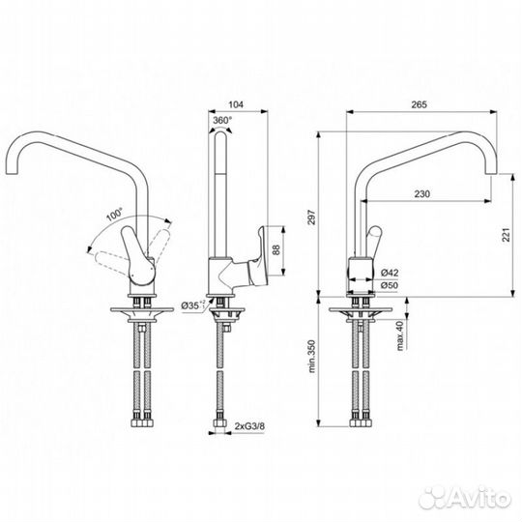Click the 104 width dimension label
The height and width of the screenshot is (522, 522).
pos(236,104)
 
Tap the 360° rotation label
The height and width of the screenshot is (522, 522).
pos(222,120)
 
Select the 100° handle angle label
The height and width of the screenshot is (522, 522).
pos(114,215)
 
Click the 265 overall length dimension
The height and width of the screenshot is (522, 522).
pos(419,104)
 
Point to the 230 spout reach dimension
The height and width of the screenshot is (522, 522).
pos(421,193)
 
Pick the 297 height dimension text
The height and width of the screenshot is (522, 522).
pos(311,217)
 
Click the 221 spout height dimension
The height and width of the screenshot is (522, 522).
pos(507,235)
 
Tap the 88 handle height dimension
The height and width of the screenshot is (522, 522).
pos(276,249)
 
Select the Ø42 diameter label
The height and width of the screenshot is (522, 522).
pos(390,273)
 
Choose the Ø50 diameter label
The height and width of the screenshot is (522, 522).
pos(390,285)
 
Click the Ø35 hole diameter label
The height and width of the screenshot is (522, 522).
pos(193,304)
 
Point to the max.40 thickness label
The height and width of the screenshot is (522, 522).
pos(400,335)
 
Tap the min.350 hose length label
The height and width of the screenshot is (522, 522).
pos(311,356)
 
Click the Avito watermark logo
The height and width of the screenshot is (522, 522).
pos(465,499)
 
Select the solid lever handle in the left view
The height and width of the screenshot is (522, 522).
pos(138,254)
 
